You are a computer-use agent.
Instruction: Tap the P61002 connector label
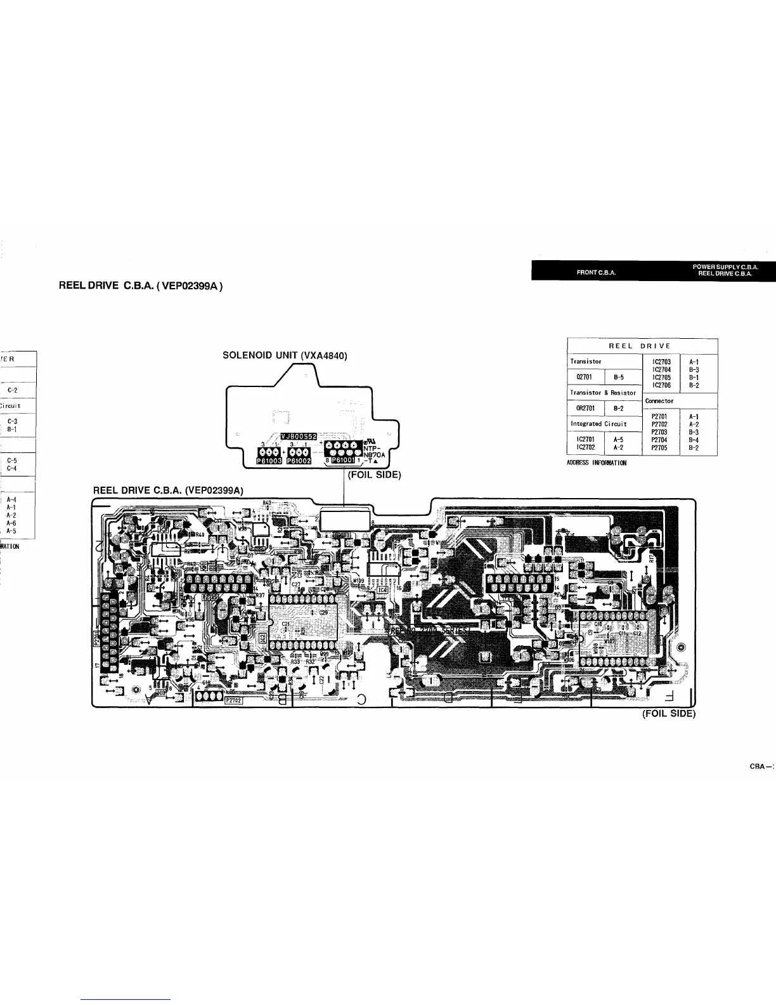pyautogui.click(x=299, y=461)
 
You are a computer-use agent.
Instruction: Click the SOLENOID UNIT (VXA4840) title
pyautogui.click(x=285, y=356)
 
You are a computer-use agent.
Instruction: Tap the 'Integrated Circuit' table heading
pyautogui.click(x=598, y=424)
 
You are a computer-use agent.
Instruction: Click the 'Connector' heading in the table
pyautogui.click(x=659, y=401)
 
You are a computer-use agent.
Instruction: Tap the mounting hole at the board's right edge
pyautogui.click(x=682, y=647)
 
